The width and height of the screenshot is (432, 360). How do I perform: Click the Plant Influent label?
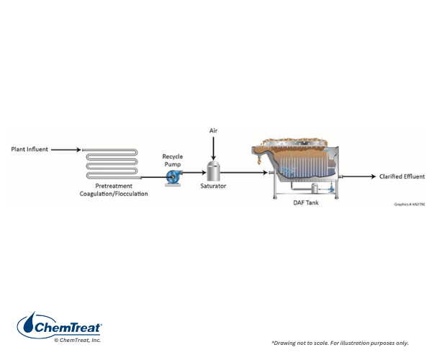(x=30, y=149)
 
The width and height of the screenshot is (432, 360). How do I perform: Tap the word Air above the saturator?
(x=213, y=130)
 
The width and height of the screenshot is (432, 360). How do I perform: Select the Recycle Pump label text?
(x=173, y=161)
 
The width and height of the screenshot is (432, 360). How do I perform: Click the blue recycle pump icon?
(x=174, y=177)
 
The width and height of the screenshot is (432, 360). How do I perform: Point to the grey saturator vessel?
(x=213, y=171)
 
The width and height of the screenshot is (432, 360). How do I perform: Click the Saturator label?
(x=213, y=186)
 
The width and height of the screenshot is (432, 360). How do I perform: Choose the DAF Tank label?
(x=306, y=203)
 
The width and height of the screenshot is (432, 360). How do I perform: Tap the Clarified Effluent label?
(x=402, y=176)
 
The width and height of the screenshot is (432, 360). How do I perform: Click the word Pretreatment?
(x=114, y=186)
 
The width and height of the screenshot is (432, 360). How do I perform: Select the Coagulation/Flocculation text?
(x=114, y=194)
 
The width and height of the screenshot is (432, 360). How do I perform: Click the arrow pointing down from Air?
(x=213, y=148)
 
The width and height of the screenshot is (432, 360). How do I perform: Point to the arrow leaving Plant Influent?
(x=66, y=150)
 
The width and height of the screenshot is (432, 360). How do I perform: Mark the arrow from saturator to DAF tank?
(x=244, y=173)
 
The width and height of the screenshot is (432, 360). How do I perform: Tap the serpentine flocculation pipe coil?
(x=112, y=163)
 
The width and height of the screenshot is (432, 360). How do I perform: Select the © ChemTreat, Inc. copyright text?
(x=78, y=340)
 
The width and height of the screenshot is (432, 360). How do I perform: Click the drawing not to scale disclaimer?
(x=340, y=343)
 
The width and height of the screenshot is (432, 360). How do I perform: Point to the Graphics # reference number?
(x=410, y=204)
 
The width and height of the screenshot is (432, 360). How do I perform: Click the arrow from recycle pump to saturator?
(x=194, y=173)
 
